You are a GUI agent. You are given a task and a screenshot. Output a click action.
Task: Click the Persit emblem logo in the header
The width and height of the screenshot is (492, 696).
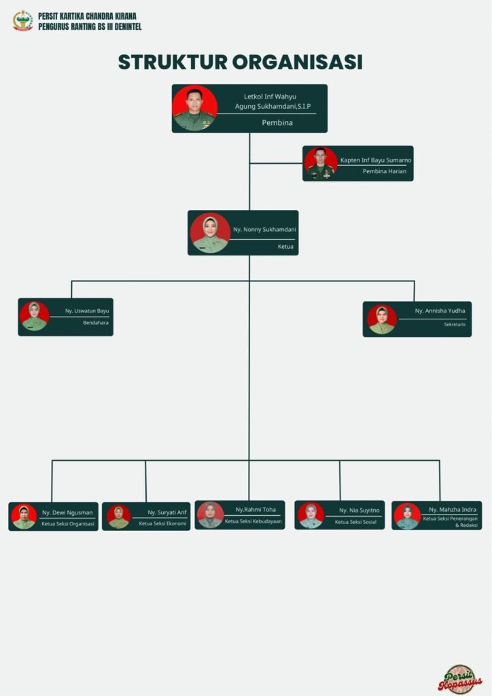pos(22,20)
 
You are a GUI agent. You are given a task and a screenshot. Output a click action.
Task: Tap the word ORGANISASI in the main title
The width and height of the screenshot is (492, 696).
pos(297,62)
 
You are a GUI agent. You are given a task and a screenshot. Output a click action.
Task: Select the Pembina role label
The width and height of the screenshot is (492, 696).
pos(277,123)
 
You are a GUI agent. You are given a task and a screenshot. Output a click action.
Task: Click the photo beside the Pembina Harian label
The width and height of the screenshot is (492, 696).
pos(320,163)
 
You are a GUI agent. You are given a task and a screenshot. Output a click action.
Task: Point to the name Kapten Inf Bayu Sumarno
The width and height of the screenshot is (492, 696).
pos(376,160)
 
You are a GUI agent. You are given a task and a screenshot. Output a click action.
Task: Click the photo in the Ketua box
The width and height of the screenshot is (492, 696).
pos(210,233)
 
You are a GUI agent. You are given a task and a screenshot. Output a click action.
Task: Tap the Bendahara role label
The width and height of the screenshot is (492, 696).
pos(96,322)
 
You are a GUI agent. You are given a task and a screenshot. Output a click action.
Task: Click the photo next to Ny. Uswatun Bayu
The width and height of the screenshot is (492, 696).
pos(34,317)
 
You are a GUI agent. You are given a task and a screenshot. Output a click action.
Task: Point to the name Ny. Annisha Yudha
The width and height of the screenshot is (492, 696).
pos(440,311)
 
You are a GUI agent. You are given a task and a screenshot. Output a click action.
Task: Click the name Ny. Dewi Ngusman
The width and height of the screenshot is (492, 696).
pos(67,512)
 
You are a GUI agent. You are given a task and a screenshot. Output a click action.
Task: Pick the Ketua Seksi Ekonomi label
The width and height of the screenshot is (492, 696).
pos(162,523)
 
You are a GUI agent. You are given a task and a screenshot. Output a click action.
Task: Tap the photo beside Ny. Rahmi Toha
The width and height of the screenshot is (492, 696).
pos(210,515)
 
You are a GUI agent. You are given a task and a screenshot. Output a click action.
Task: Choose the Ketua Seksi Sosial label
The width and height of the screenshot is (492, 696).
pos(355,522)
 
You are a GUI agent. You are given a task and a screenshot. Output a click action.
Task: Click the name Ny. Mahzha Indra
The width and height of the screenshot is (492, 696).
pos(453,509)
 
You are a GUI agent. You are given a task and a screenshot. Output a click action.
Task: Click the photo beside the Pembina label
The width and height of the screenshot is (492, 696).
pos(194,108)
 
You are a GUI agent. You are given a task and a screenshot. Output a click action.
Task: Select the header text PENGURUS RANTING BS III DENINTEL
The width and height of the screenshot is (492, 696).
pos(90,27)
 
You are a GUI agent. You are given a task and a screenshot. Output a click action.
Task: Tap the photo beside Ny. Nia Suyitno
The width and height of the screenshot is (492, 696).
pos(311,515)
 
